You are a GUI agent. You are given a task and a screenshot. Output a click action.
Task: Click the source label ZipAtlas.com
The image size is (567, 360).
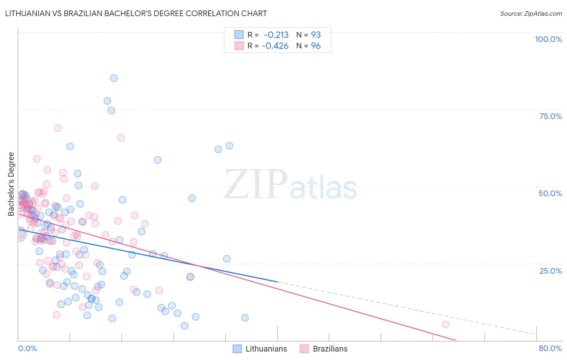(x=531, y=13)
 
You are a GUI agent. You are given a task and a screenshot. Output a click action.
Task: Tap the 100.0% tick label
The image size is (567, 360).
(x=548, y=39)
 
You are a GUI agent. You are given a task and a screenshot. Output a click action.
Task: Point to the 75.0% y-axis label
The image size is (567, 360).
(x=550, y=116)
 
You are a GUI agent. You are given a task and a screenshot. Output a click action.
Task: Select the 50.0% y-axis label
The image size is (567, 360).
(x=550, y=193)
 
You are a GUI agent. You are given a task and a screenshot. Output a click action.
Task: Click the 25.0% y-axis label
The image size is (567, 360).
(x=550, y=270)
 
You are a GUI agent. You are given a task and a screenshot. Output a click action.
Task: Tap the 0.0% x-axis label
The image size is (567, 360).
(x=27, y=348)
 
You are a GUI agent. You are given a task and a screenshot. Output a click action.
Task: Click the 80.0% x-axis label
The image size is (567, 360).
(x=550, y=348)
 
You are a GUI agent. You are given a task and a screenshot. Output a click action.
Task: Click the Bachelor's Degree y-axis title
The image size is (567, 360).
(x=11, y=184)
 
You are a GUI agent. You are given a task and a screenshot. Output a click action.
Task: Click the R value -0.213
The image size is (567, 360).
(x=276, y=35)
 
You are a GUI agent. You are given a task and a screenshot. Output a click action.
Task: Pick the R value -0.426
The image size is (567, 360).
(x=275, y=46)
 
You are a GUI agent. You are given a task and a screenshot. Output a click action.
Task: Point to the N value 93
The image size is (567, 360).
(x=316, y=35)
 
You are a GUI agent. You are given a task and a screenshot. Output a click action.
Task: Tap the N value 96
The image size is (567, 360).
(x=316, y=46)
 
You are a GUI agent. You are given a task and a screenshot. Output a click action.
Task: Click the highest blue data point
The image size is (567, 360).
(x=114, y=78)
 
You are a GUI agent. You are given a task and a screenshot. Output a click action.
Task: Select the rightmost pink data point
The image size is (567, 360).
(x=445, y=324)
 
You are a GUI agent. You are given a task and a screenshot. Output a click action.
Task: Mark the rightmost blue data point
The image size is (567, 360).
(x=245, y=318)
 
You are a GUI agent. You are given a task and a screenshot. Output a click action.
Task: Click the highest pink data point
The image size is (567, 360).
(x=58, y=128)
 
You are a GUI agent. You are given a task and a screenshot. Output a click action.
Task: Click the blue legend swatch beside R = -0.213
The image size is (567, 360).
(x=239, y=35)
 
